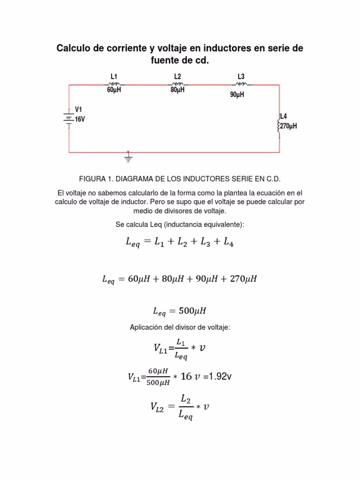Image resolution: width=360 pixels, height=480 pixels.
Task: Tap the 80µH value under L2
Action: (x=177, y=90)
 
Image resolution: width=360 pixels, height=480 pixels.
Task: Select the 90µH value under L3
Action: (x=237, y=95)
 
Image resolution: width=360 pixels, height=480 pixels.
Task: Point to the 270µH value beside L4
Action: (x=289, y=126)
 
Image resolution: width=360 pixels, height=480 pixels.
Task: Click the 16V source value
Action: (x=80, y=120)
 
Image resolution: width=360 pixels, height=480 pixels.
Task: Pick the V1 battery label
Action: (x=78, y=110)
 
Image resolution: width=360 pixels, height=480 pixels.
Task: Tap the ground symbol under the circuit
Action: (x=128, y=158)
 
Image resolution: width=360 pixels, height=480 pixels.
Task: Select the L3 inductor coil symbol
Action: (x=241, y=84)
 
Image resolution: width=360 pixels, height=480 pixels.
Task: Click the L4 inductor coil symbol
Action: (x=279, y=126)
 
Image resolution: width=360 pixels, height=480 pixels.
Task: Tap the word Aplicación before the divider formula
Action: (x=147, y=327)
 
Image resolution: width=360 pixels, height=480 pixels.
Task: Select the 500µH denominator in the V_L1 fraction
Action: (x=158, y=382)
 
